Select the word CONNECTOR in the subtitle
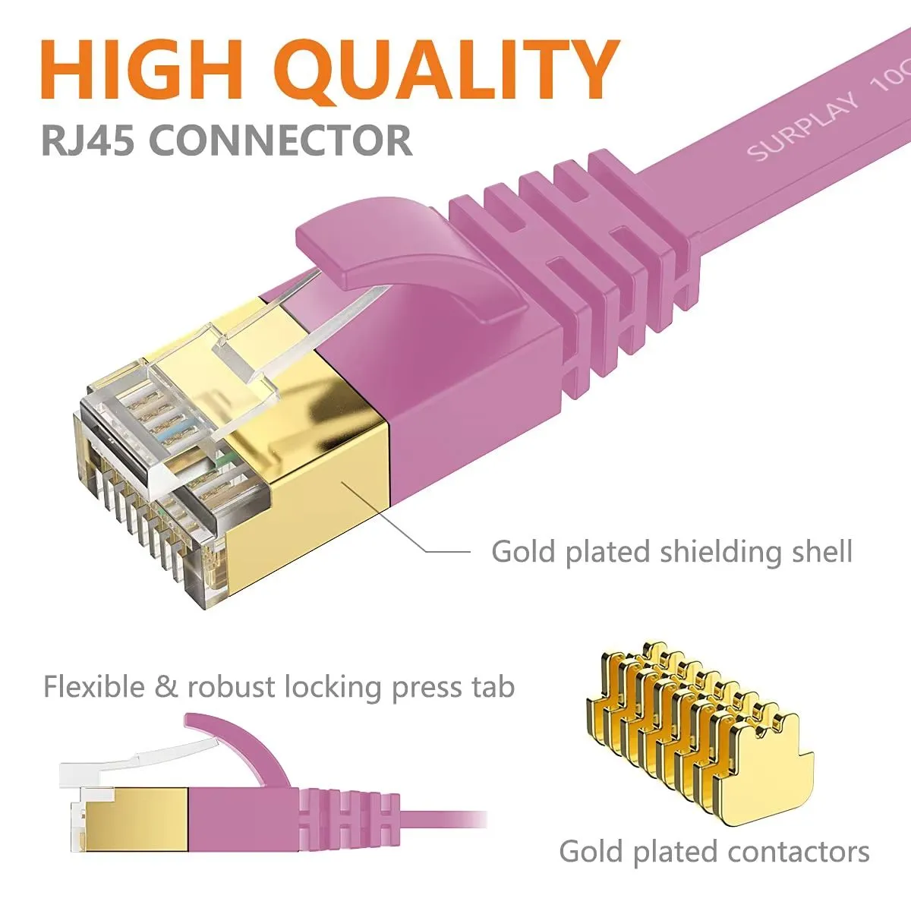[x=281, y=141]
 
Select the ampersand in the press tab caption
[x=165, y=687]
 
